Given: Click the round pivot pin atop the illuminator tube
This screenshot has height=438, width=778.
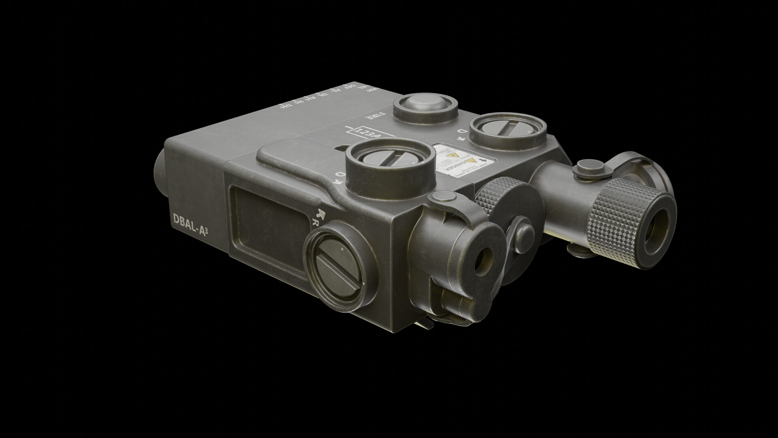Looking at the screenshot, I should pos(586,165).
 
